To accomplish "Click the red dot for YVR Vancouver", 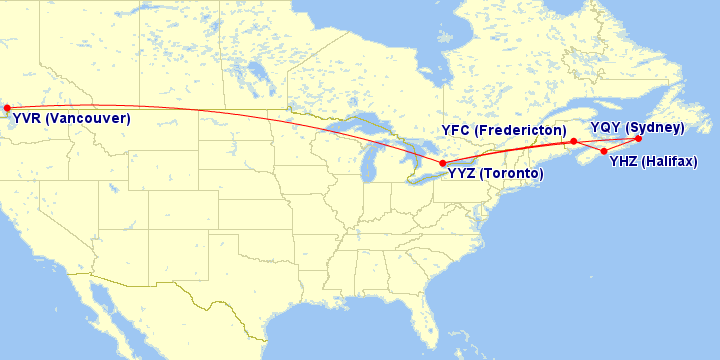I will (7, 108).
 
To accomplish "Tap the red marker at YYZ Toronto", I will (443, 163).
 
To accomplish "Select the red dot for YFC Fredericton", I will (573, 141).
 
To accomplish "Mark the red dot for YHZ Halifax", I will (604, 151).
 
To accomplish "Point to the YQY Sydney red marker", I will (638, 139).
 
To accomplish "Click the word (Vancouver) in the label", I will (88, 119).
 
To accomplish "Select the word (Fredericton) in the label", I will (522, 132).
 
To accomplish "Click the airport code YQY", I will (606, 128).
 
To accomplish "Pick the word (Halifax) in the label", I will (670, 161).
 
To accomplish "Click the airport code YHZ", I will (624, 161).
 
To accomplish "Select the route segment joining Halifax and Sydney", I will (622, 145).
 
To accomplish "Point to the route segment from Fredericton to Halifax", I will (589, 146).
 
